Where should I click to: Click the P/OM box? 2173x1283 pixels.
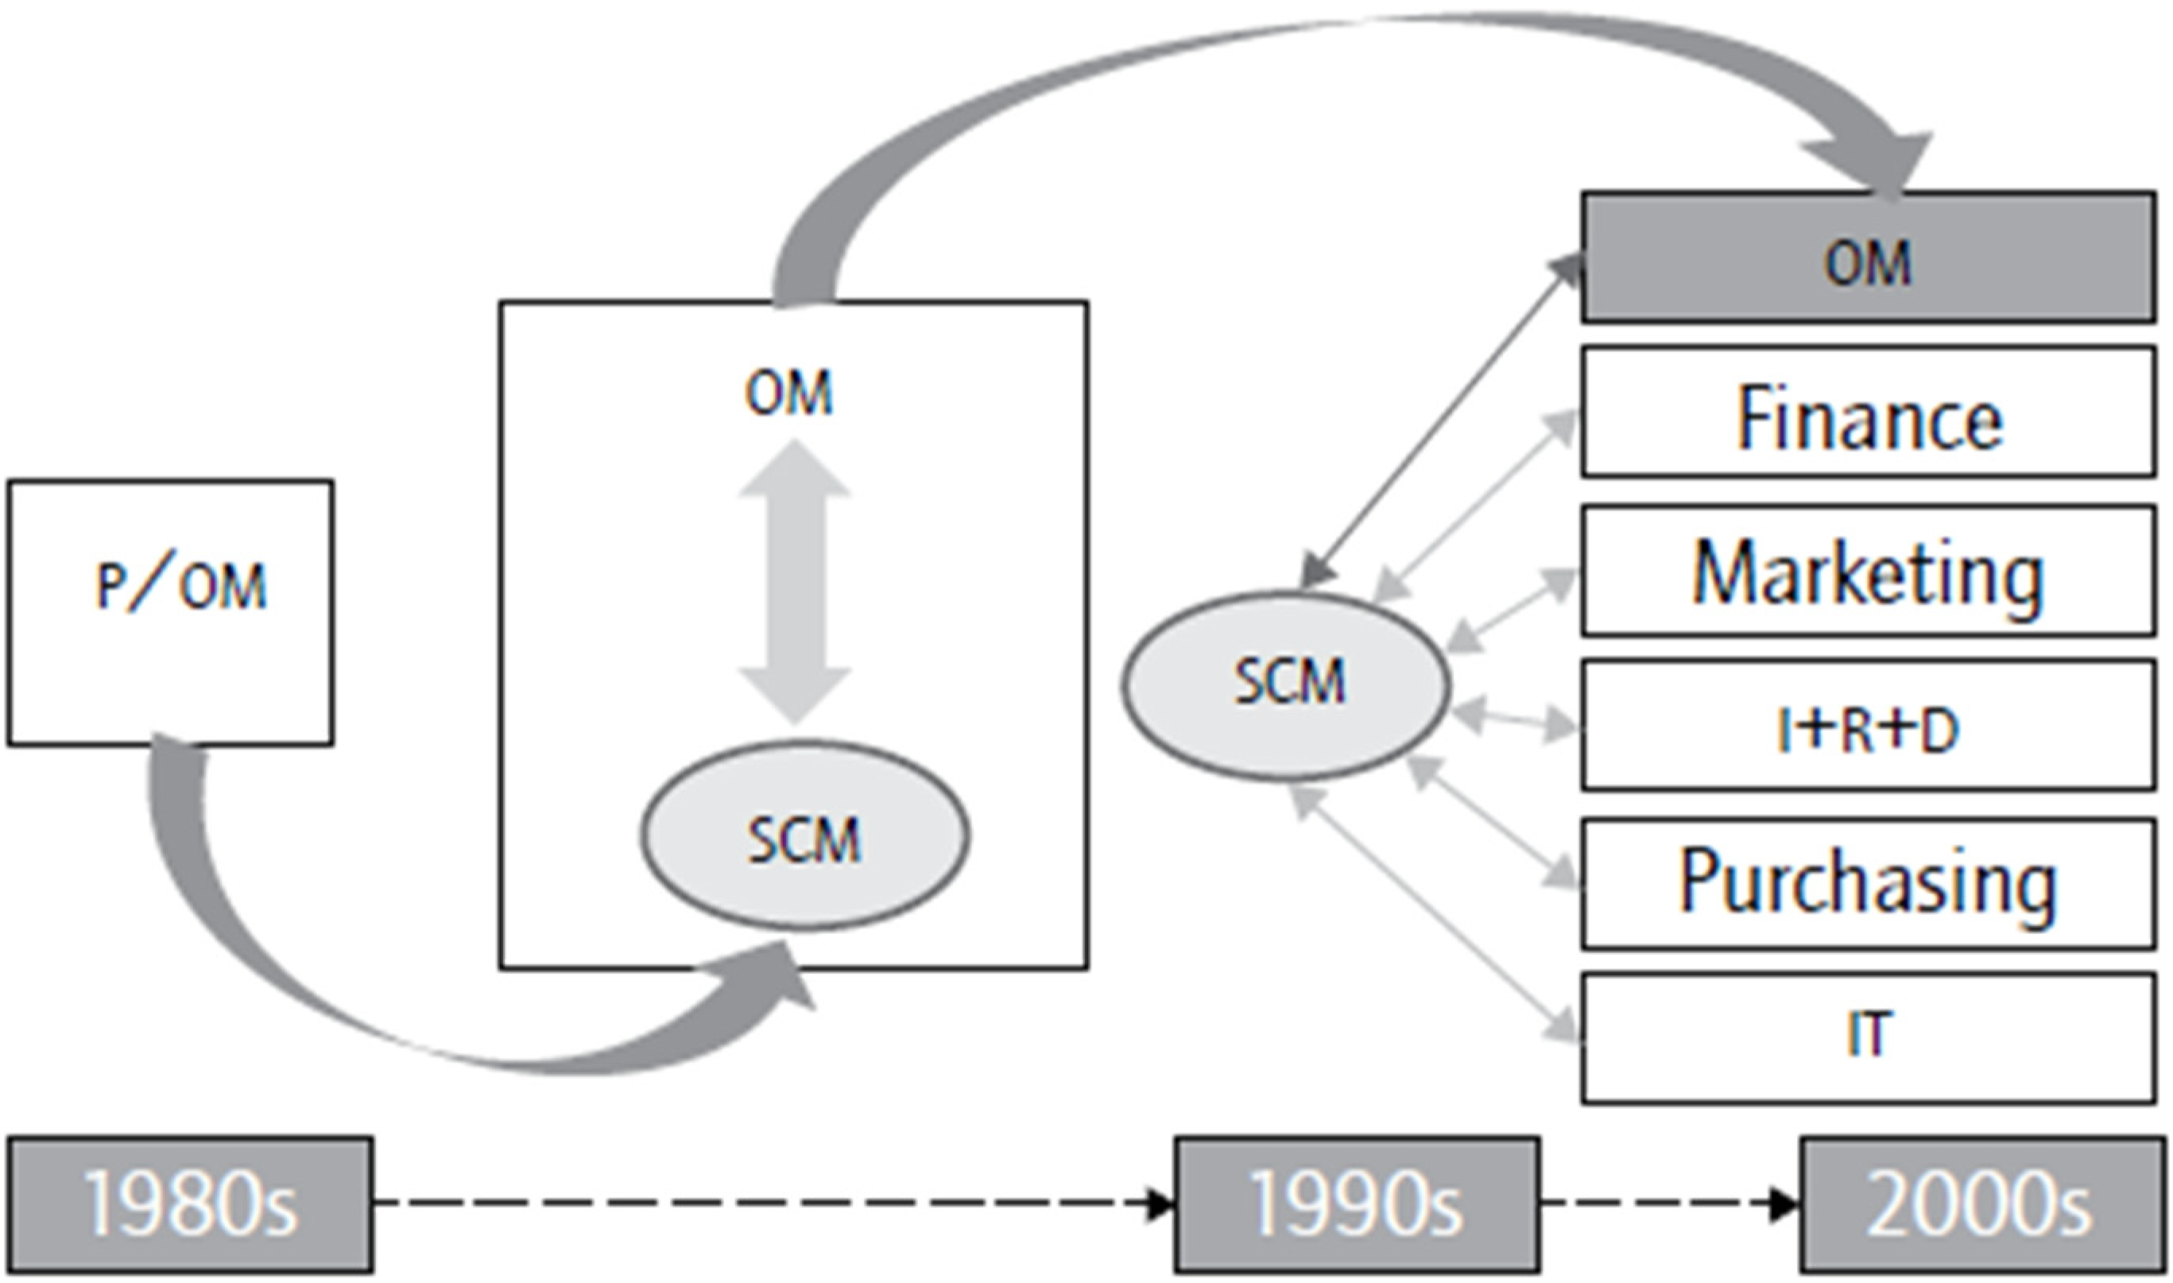click(x=170, y=612)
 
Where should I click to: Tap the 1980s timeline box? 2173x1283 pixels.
click(x=190, y=1204)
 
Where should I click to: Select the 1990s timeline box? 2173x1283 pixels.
click(x=1356, y=1204)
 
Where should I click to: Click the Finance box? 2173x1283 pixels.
click(x=1867, y=412)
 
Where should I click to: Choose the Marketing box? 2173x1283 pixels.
click(x=1867, y=571)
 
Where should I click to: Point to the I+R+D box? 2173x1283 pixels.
click(x=1867, y=724)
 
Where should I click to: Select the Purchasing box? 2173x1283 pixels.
click(x=1867, y=884)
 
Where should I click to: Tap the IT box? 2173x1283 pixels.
click(x=1867, y=1037)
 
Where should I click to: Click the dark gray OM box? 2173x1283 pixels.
click(x=1867, y=258)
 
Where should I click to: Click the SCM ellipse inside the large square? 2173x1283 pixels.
click(x=804, y=835)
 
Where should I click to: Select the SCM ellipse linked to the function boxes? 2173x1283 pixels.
click(x=1286, y=683)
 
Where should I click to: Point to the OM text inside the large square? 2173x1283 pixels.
click(x=788, y=393)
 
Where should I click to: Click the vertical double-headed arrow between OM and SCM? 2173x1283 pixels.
click(x=794, y=581)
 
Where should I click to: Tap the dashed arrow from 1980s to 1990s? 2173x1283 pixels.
click(x=769, y=1204)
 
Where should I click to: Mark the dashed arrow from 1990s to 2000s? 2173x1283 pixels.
click(x=1668, y=1204)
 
